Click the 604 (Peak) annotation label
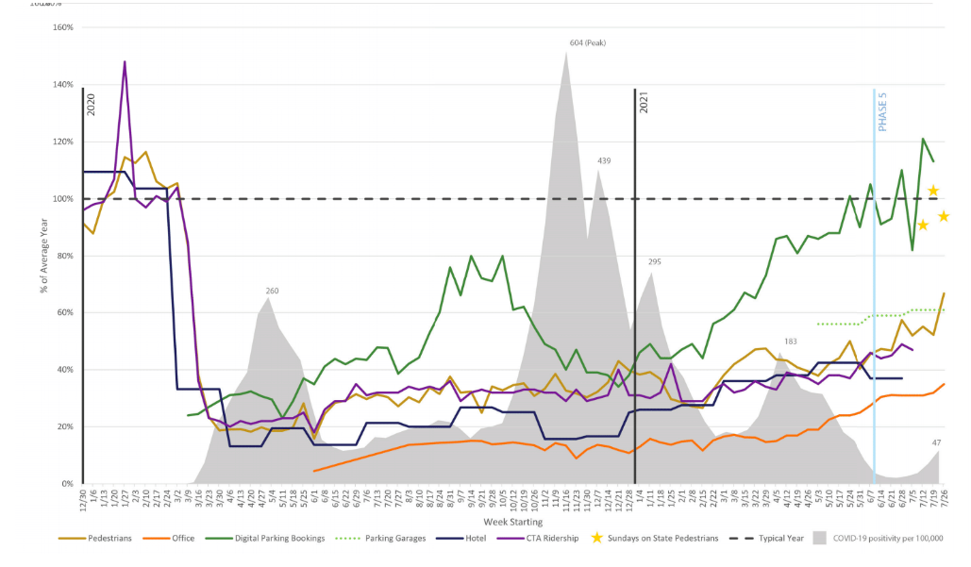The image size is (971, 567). (591, 43)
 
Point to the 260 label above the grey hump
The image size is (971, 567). (272, 291)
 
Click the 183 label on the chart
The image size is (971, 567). (792, 341)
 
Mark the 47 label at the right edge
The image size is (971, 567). (937, 442)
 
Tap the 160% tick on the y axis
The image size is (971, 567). (62, 27)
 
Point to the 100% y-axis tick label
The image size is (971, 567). (62, 199)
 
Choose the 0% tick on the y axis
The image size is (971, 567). (66, 484)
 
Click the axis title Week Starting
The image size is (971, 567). (514, 520)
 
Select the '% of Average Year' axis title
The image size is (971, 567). (43, 256)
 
